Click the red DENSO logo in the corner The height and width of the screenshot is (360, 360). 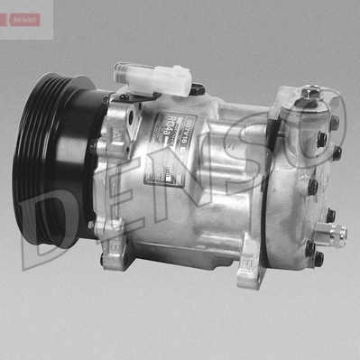click(x=20, y=19)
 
